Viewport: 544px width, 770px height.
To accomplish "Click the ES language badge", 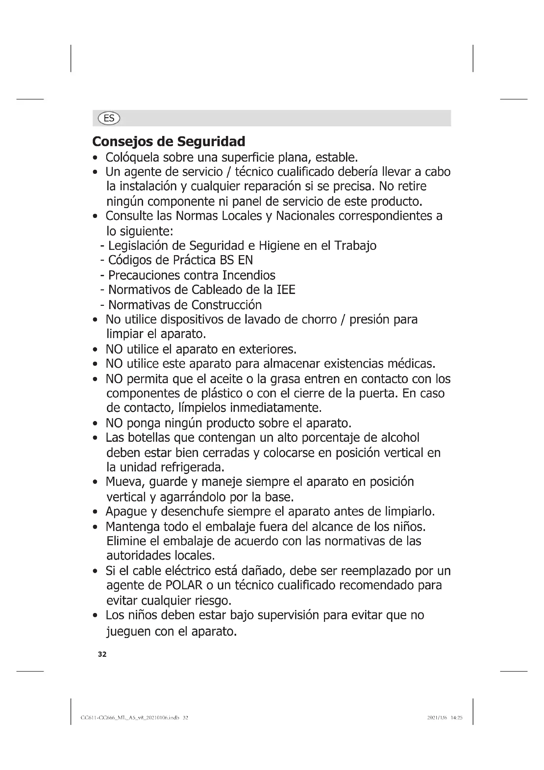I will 109,119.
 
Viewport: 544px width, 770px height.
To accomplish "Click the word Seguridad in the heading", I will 211,142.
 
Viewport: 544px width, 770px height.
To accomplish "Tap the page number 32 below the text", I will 102,654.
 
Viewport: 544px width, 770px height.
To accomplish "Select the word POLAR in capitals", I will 184,585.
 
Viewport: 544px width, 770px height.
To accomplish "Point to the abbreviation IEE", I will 286,290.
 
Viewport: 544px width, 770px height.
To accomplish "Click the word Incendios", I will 249,275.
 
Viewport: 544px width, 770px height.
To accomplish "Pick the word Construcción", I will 227,305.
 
